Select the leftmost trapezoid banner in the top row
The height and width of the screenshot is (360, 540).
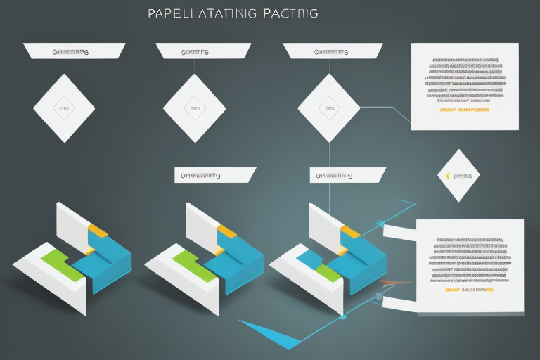[74, 51]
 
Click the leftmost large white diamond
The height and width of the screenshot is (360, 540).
[64, 109]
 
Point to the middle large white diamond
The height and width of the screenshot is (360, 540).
[194, 109]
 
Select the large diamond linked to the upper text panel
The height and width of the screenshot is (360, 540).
[328, 109]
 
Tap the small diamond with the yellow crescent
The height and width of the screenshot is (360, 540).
[458, 175]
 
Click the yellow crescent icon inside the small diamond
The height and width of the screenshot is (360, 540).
[448, 175]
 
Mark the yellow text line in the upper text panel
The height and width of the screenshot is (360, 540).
[464, 110]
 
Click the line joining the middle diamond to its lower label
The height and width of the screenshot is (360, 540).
[194, 155]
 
